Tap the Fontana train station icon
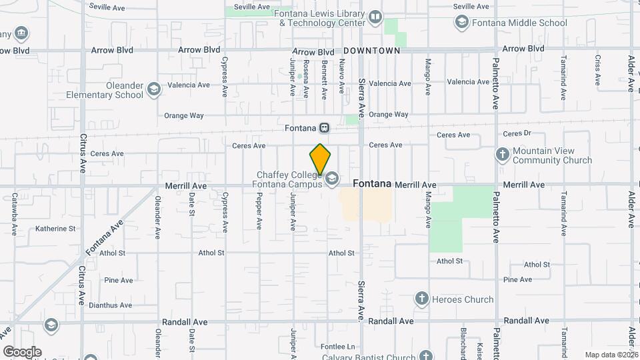click(324, 127)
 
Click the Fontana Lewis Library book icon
click(375, 17)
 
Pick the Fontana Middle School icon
click(461, 23)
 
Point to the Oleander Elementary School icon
click(154, 89)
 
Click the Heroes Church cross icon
click(421, 299)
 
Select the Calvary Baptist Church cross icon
click(426, 356)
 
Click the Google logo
click(22, 351)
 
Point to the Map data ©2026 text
click(611, 355)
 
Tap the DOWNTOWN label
click(372, 51)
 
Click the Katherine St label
click(55, 229)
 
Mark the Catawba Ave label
click(15, 214)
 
